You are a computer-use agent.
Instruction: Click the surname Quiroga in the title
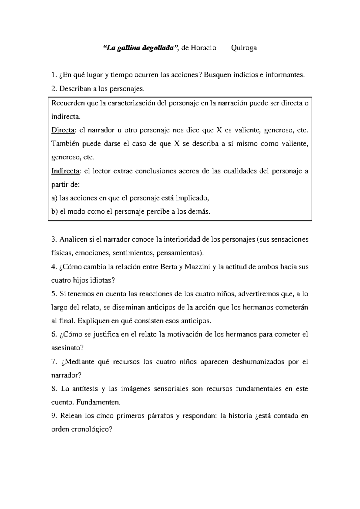244,48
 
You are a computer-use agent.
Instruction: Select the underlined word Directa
64,130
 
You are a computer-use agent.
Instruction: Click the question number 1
53,75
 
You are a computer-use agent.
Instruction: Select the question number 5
53,294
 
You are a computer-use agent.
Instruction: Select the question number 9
53,416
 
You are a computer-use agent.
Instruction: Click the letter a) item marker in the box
54,198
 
